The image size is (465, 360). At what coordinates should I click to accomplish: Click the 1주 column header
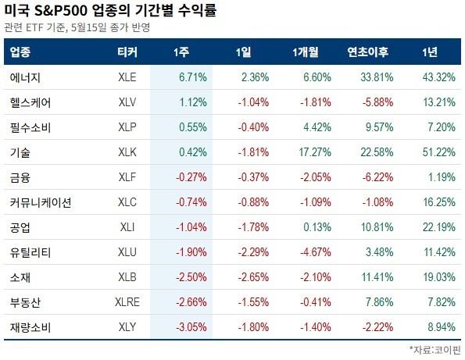[x=181, y=52]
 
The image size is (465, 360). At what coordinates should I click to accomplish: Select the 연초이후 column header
[x=368, y=52]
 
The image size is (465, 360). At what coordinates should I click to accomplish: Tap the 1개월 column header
[x=306, y=52]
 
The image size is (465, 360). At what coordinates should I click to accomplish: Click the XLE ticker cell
[x=127, y=77]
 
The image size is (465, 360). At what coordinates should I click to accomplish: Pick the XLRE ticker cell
[x=127, y=302]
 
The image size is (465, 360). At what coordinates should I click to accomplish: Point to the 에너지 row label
[x=25, y=77]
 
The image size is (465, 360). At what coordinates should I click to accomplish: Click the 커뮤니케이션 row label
[x=41, y=203]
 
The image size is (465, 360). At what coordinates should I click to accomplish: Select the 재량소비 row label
[x=30, y=327]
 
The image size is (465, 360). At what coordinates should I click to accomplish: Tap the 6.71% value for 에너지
[x=193, y=77]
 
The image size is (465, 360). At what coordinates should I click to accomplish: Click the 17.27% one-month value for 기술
[x=315, y=152]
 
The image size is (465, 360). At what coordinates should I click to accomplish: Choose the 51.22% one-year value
[x=439, y=152]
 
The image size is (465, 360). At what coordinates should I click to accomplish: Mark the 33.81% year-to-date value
[x=377, y=77]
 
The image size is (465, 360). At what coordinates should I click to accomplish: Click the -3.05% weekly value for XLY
[x=191, y=327]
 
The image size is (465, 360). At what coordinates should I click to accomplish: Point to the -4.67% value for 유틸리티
[x=316, y=252]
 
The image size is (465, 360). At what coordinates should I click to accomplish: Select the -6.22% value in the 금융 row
[x=377, y=177]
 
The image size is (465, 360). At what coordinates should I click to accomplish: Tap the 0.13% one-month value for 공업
[x=317, y=227]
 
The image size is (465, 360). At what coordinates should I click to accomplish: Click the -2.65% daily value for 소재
[x=253, y=277]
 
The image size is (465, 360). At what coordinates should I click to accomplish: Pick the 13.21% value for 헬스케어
[x=439, y=102]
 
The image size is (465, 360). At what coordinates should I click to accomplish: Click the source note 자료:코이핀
[x=435, y=350]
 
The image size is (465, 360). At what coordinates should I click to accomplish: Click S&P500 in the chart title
[x=61, y=11]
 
